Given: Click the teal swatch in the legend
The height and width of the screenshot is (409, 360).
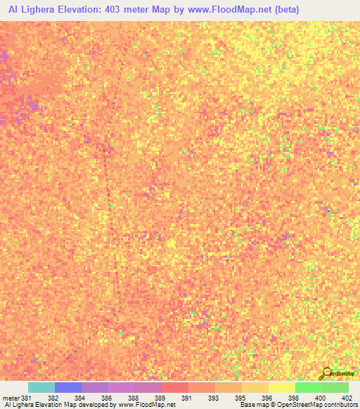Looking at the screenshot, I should coord(41,387).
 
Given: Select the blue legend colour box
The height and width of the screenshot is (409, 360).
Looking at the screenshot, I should coord(68,387).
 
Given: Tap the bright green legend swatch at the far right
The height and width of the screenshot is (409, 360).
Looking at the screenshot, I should coord(335,387).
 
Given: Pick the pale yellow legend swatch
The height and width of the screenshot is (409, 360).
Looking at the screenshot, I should coord(282,387).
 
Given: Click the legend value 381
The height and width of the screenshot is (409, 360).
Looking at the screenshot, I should coord(27,397).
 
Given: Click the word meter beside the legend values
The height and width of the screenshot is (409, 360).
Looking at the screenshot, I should coord(11,397).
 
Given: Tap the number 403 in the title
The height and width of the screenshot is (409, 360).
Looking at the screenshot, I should coord(125,10).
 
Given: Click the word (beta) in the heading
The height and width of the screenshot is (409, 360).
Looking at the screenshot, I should coord(284,10).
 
